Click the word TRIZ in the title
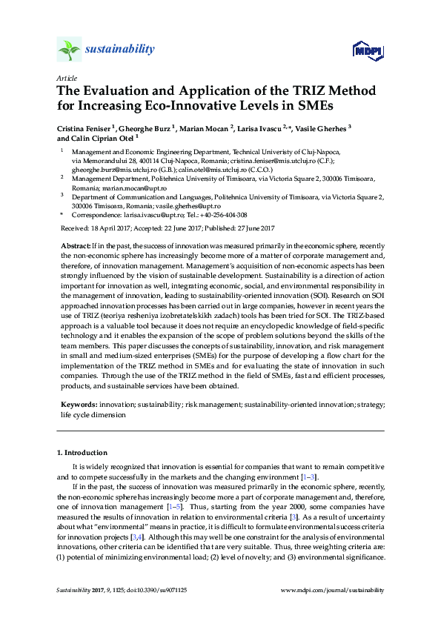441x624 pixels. coord(290,91)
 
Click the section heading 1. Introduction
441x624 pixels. coord(82,452)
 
